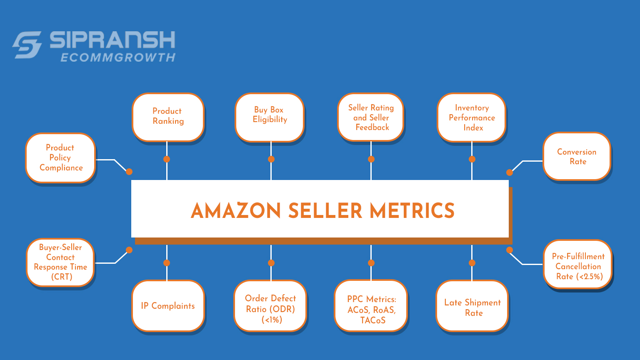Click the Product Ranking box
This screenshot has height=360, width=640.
click(168, 116)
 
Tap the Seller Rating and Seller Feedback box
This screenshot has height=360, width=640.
click(371, 117)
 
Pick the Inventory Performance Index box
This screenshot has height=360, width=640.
click(472, 117)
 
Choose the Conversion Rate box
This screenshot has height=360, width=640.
click(577, 156)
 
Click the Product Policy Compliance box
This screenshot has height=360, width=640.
click(61, 157)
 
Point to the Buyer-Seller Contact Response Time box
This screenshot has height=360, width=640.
click(60, 262)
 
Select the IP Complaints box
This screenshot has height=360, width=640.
click(168, 306)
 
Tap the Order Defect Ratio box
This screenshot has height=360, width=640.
click(270, 309)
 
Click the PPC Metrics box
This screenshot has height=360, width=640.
click(371, 310)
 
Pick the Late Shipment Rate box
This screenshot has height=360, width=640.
click(472, 307)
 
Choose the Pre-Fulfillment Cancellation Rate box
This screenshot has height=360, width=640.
click(578, 266)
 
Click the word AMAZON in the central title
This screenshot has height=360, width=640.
click(236, 211)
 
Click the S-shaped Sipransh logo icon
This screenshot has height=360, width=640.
click(27, 45)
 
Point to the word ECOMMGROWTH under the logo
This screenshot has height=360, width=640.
click(118, 57)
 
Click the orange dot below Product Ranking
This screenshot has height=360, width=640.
click(167, 159)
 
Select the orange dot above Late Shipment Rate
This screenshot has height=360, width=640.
click(472, 263)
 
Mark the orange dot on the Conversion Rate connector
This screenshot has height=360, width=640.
click(510, 172)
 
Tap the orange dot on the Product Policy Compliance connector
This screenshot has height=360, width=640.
click(129, 172)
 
